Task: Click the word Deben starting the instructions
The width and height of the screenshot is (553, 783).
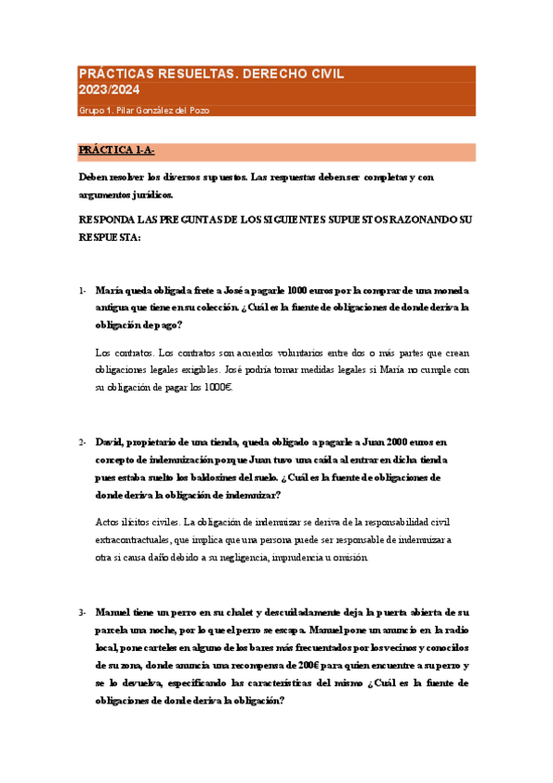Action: point(96,177)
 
